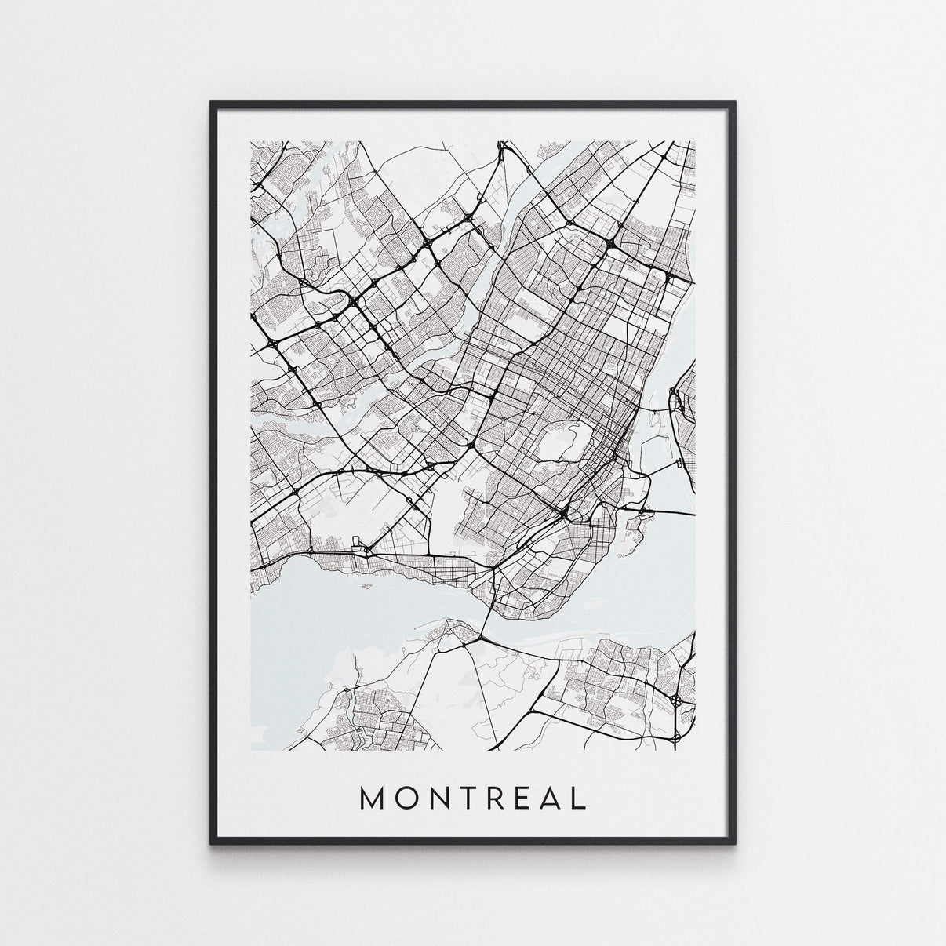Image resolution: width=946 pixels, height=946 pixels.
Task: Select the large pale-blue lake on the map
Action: click(x=353, y=596)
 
